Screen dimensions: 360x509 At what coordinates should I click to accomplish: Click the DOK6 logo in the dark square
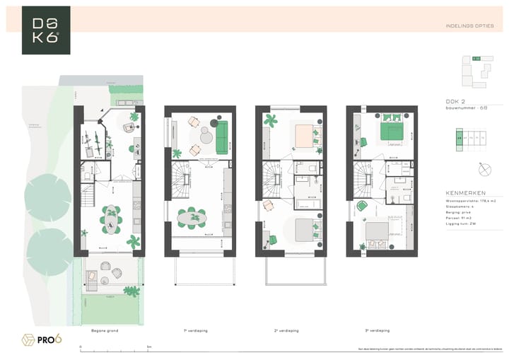pyautogui.click(x=46, y=30)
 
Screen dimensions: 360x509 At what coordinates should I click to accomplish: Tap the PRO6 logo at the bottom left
pyautogui.click(x=42, y=339)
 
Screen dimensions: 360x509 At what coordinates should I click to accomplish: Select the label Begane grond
pyautogui.click(x=105, y=330)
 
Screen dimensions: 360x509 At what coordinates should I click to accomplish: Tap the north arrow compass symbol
pyautogui.click(x=484, y=170)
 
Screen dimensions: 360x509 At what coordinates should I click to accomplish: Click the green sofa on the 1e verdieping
pyautogui.click(x=222, y=137)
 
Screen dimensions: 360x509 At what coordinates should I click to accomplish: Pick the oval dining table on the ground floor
pyautogui.click(x=111, y=219)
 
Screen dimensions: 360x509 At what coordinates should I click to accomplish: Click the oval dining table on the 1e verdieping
pyautogui.click(x=192, y=219)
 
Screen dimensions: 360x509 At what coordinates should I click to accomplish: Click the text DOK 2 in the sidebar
pyautogui.click(x=455, y=101)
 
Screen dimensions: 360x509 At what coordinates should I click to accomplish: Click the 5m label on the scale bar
pyautogui.click(x=148, y=347)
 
